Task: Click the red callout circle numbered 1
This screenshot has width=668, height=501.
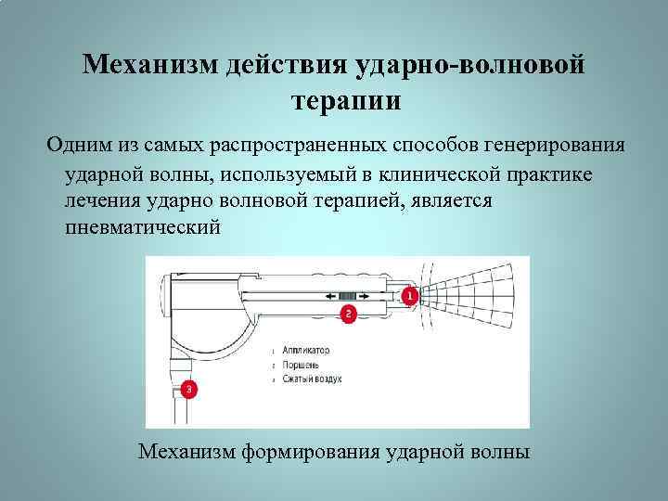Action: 409,296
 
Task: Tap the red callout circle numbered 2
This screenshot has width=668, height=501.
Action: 349,315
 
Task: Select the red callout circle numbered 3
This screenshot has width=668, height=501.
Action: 189,390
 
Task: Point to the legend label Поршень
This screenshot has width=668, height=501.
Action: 301,366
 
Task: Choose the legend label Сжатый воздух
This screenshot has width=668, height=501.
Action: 313,379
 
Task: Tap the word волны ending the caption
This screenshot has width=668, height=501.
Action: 501,452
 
